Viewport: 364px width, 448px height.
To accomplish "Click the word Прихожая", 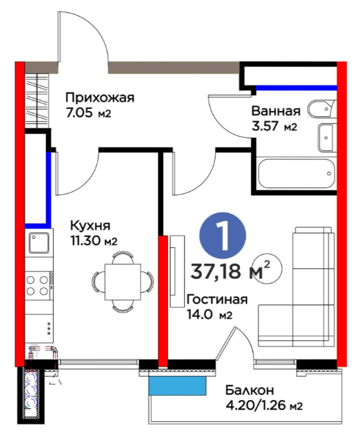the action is point(100,98).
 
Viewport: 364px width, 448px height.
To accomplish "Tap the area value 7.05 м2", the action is point(88,113).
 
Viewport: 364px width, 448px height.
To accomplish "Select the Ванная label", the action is point(276,111).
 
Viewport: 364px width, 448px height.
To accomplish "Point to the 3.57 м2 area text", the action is point(274,126).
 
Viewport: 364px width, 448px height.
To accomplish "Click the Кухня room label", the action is point(91,226).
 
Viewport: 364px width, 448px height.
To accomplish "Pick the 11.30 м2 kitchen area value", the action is point(94,241).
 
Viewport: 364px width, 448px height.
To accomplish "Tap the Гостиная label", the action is point(217,299).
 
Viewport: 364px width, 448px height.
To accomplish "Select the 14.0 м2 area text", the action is point(209,315).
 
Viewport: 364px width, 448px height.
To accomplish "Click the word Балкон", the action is point(250,390).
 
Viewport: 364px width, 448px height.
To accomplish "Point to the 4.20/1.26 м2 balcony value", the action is point(264,405).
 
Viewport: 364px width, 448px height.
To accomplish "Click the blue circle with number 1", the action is point(223,235).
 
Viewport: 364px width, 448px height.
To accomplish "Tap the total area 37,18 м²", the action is point(230,270).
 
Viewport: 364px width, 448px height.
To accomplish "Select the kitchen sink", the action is point(39,243).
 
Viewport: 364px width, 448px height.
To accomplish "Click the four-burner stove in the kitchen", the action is point(39,285).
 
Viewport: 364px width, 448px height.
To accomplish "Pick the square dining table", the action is point(123,282).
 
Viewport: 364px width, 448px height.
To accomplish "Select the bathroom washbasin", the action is point(326,138).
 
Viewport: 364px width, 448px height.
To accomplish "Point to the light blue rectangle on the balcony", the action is point(178,386).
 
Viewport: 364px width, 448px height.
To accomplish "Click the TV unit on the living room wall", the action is point(177,271).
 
